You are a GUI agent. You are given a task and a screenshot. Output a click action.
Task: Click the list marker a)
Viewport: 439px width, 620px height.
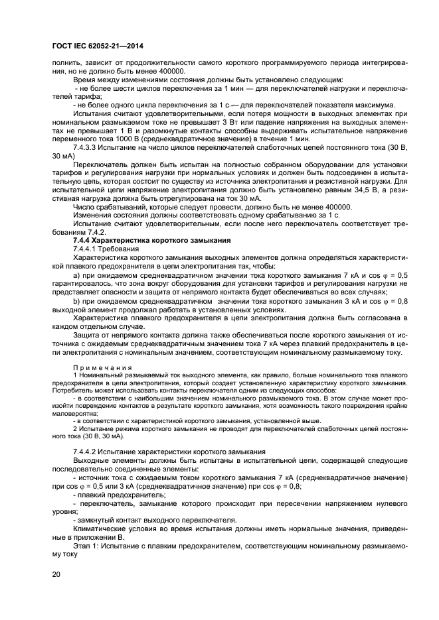pos(76,275)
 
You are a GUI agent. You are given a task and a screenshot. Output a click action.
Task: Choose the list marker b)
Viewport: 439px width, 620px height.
pos(76,300)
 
